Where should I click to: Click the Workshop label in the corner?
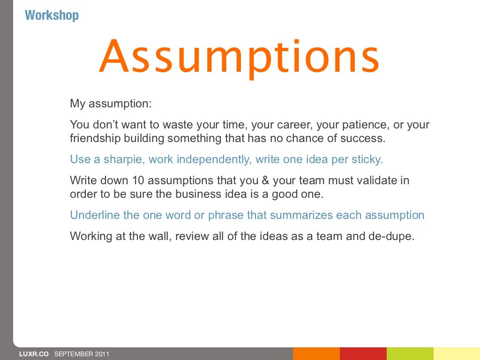pyautogui.click(x=52, y=15)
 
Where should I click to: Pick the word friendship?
pyautogui.click(x=93, y=139)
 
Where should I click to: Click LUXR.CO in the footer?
pyautogui.click(x=34, y=354)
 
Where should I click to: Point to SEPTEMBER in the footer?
pyautogui.click(x=73, y=354)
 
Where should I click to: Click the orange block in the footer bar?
pyautogui.click(x=316, y=353)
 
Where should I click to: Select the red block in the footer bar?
pyautogui.click(x=363, y=353)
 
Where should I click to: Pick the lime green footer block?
pyautogui.click(x=410, y=353)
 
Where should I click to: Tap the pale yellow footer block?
pyautogui.click(x=457, y=353)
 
